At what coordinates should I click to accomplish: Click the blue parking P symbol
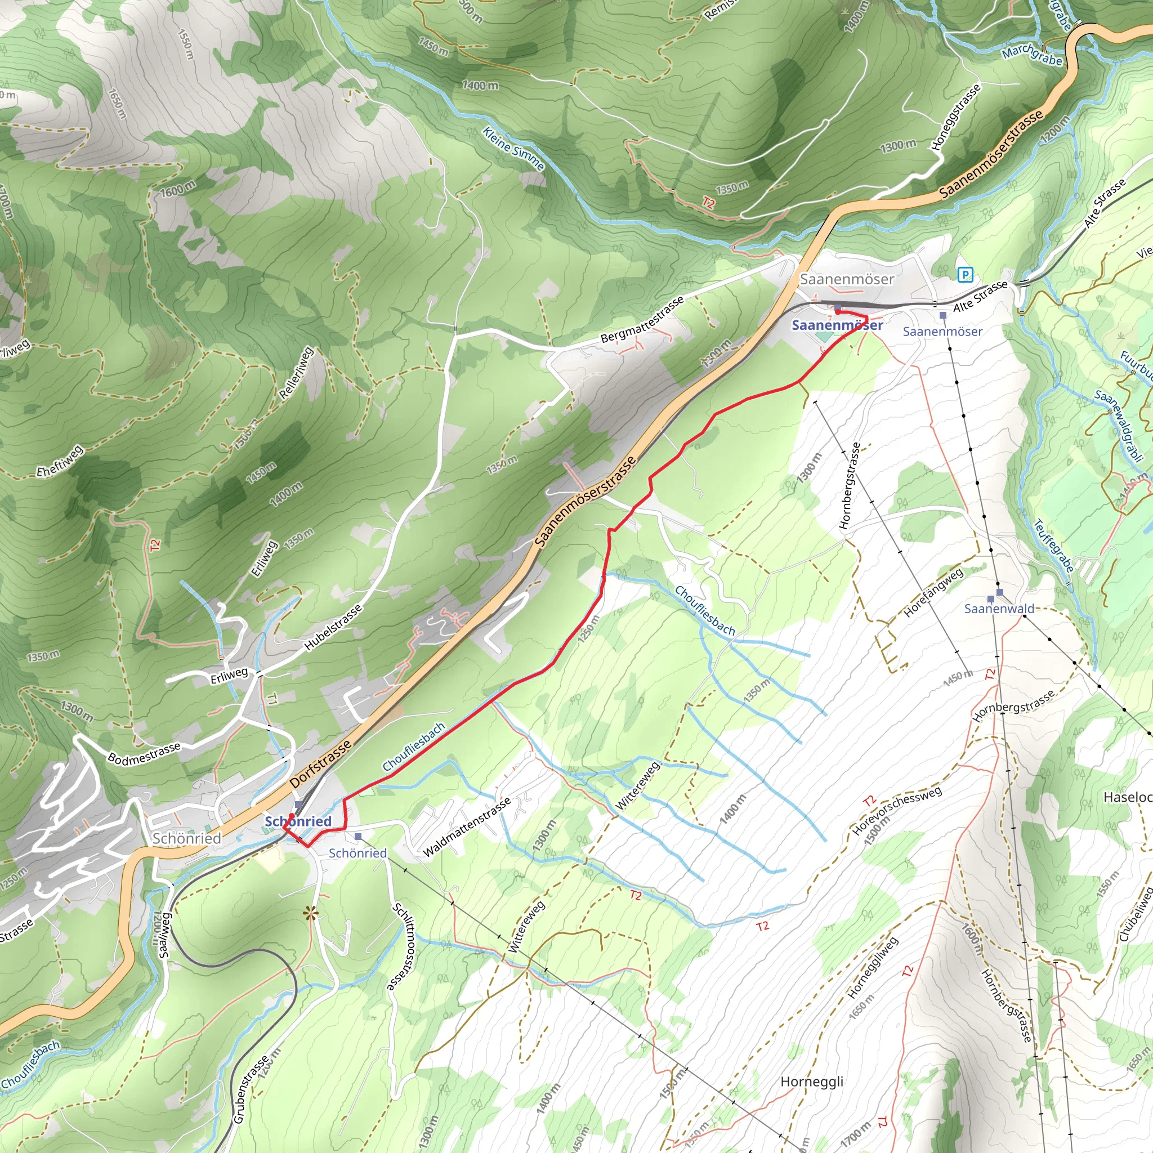(x=965, y=275)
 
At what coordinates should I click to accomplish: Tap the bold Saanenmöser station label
(x=837, y=325)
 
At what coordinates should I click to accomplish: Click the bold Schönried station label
(x=298, y=821)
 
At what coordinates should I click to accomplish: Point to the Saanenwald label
(x=999, y=609)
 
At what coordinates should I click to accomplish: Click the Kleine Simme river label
(x=513, y=149)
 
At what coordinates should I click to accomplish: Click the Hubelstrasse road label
(x=333, y=627)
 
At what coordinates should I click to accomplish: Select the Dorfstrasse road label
(x=320, y=765)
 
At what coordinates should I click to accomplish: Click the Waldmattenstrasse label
(x=467, y=827)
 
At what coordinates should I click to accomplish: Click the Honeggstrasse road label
(x=956, y=117)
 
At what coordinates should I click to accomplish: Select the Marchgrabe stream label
(x=1032, y=56)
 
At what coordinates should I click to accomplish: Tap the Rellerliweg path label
(x=297, y=374)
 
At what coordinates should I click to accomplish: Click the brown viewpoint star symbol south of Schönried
(x=310, y=913)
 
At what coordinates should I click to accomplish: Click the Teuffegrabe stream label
(x=1053, y=546)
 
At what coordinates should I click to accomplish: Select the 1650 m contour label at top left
(x=117, y=102)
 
